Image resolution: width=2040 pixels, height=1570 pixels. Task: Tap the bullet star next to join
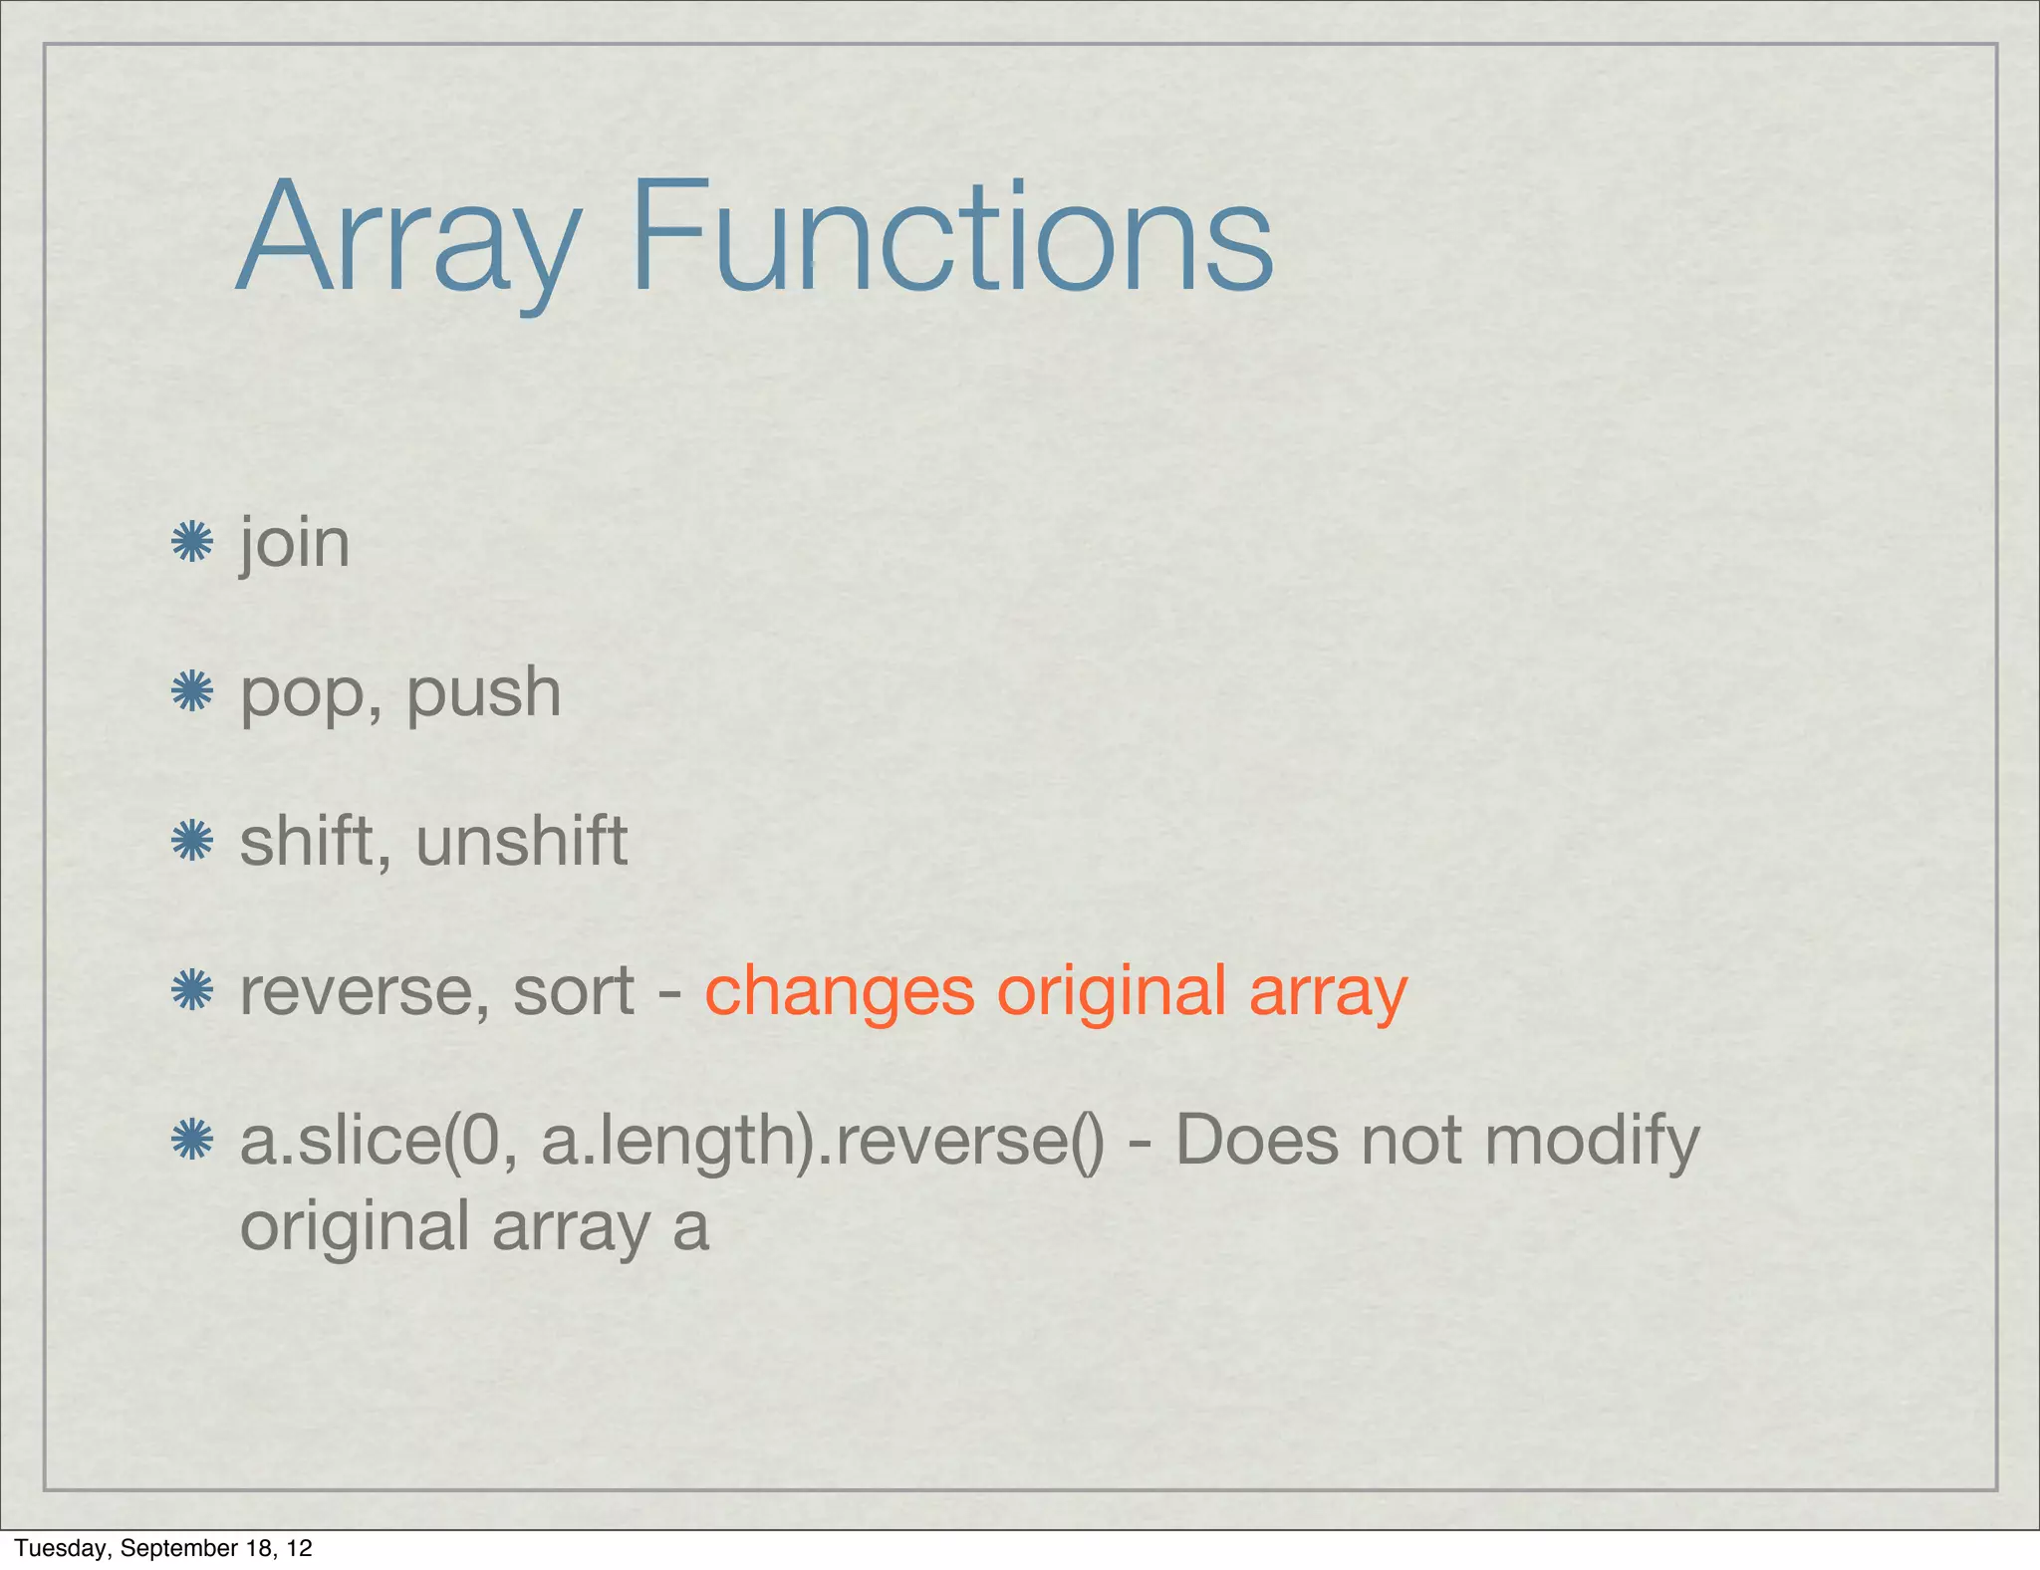click(191, 543)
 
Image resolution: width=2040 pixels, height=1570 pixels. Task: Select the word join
click(295, 545)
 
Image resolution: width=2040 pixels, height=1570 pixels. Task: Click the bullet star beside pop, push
click(191, 691)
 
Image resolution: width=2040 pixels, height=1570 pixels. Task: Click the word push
click(483, 692)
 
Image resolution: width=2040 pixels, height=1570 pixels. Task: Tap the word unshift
click(521, 841)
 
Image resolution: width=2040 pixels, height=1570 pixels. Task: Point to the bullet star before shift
click(191, 841)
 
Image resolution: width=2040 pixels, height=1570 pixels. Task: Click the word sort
click(573, 992)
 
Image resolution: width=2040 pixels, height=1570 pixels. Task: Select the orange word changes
click(839, 992)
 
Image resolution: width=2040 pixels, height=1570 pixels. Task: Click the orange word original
click(1111, 992)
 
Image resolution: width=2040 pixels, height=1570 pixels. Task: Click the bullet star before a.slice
click(191, 1140)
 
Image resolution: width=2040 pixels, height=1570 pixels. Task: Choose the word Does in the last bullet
click(1257, 1141)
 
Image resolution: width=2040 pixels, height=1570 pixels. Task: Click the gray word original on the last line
click(355, 1227)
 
